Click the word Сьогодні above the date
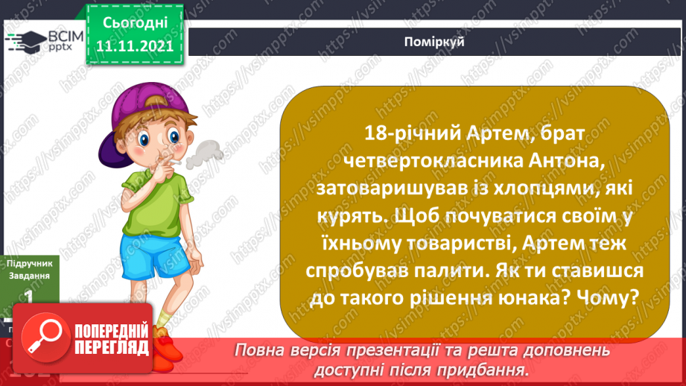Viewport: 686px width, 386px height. tap(135, 25)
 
